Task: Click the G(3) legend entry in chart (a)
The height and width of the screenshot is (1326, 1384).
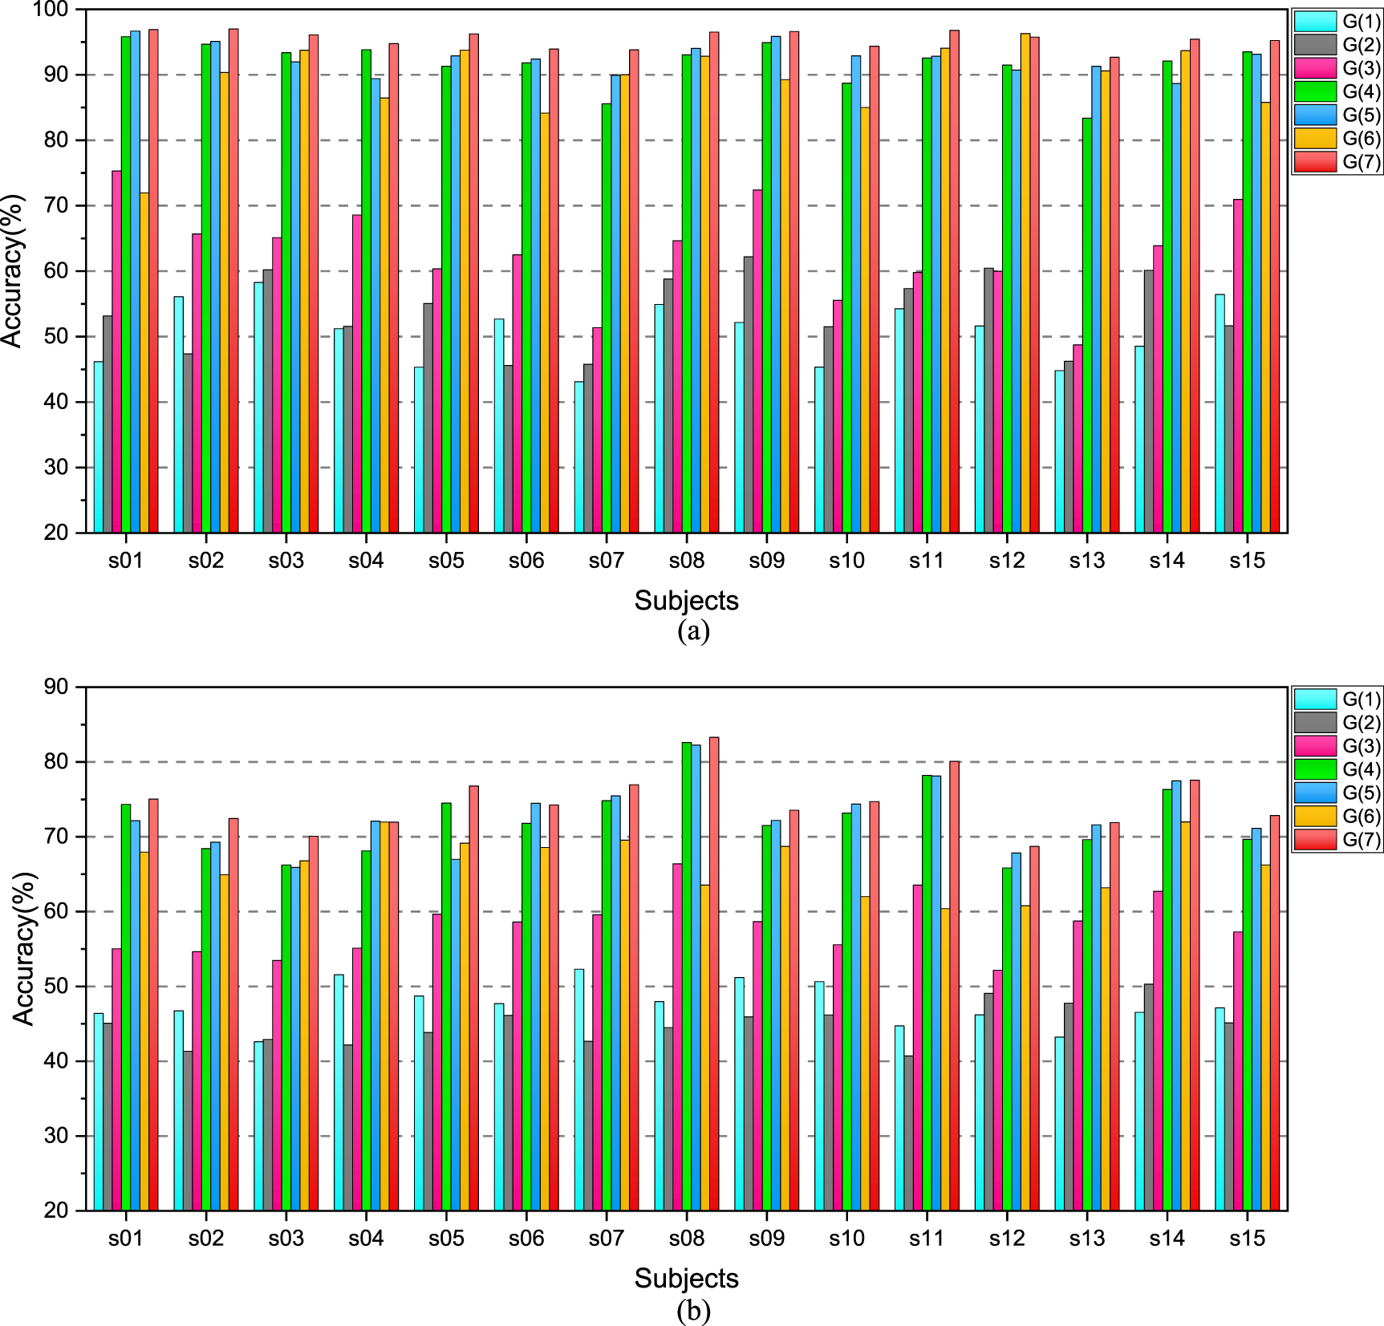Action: pyautogui.click(x=1337, y=68)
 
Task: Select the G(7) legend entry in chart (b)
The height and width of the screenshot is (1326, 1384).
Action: pyautogui.click(x=1337, y=839)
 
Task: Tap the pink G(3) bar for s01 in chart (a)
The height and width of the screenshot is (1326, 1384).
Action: pyautogui.click(x=116, y=353)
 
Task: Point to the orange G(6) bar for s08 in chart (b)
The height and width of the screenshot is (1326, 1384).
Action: pyautogui.click(x=704, y=1048)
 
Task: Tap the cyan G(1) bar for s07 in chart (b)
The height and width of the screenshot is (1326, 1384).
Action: pyautogui.click(x=579, y=1090)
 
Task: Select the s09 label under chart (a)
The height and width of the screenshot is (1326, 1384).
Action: pyautogui.click(x=766, y=561)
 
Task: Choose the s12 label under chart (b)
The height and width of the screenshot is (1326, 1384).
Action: pyautogui.click(x=1006, y=1239)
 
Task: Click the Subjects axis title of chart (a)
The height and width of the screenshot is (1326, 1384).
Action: pyautogui.click(x=686, y=600)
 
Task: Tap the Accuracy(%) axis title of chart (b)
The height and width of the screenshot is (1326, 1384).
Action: pyautogui.click(x=24, y=948)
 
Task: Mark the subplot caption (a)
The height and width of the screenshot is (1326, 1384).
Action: pyautogui.click(x=693, y=631)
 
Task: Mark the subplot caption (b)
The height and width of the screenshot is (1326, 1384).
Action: pyautogui.click(x=693, y=1311)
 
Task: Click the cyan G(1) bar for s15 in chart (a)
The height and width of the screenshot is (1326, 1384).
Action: pyautogui.click(x=1220, y=414)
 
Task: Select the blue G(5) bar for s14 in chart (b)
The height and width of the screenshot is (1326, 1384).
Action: pyautogui.click(x=1176, y=996)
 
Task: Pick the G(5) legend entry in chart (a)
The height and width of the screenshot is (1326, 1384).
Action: pyautogui.click(x=1337, y=115)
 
